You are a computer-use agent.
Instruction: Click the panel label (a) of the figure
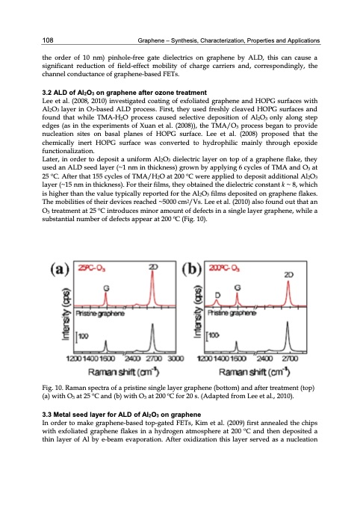pyautogui.click(x=62, y=265)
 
